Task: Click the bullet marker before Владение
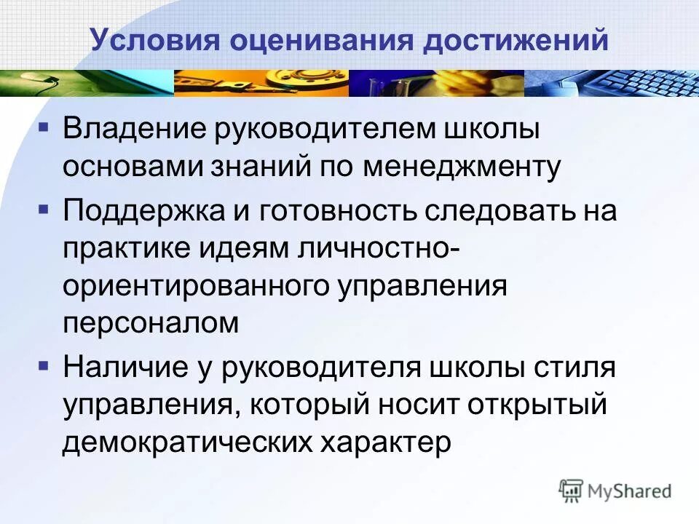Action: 44,127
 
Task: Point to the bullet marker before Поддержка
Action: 44,208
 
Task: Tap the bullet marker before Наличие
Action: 44,363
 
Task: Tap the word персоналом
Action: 151,323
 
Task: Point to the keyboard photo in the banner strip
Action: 619,84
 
